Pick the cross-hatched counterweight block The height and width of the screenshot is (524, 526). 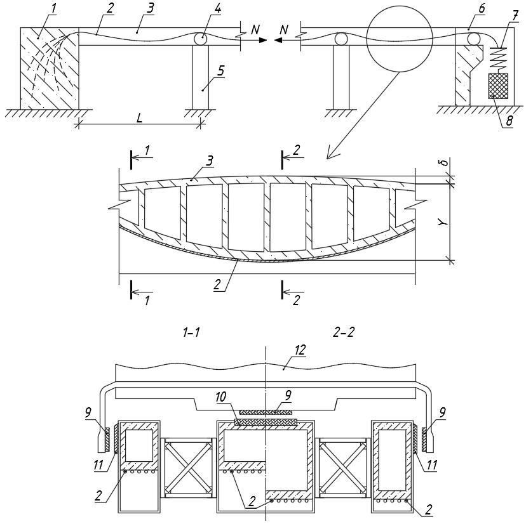coord(498,85)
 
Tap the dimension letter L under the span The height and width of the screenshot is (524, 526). coord(139,117)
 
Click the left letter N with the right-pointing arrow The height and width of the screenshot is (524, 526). coord(254,30)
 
